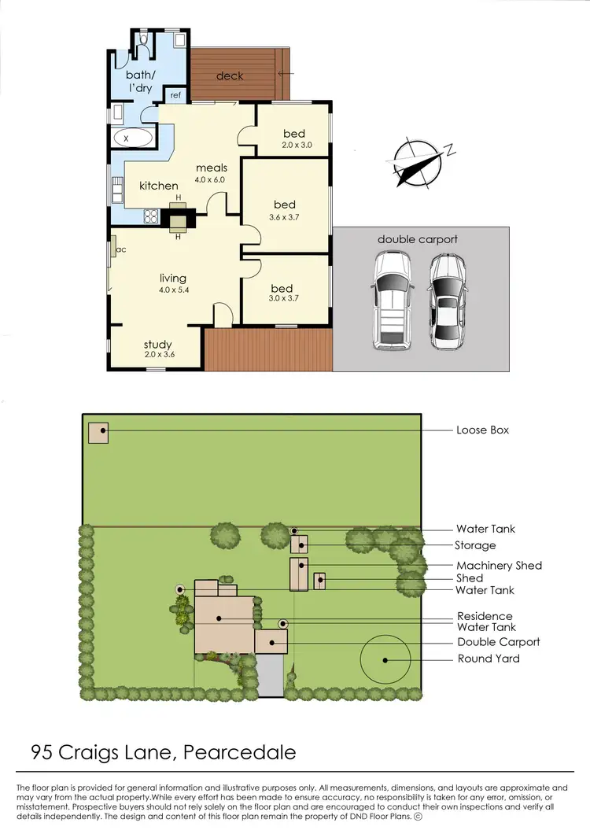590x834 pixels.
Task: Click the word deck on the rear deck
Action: pyautogui.click(x=230, y=76)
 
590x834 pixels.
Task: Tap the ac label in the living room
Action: pyautogui.click(x=120, y=249)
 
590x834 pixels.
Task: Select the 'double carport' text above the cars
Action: pyautogui.click(x=417, y=239)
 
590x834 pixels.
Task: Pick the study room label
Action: pyautogui.click(x=157, y=345)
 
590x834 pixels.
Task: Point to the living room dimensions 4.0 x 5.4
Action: pyautogui.click(x=173, y=289)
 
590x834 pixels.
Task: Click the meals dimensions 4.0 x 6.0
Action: pyautogui.click(x=211, y=179)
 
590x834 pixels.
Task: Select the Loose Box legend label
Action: pyautogui.click(x=482, y=430)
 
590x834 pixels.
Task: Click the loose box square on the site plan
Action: pyautogui.click(x=98, y=433)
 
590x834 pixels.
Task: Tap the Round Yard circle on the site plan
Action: pyautogui.click(x=385, y=659)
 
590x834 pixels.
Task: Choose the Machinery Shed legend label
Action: pyautogui.click(x=499, y=565)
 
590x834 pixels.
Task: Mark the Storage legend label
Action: pyautogui.click(x=475, y=545)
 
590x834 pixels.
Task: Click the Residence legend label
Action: pyautogui.click(x=485, y=616)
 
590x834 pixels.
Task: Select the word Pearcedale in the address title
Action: pyautogui.click(x=239, y=752)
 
